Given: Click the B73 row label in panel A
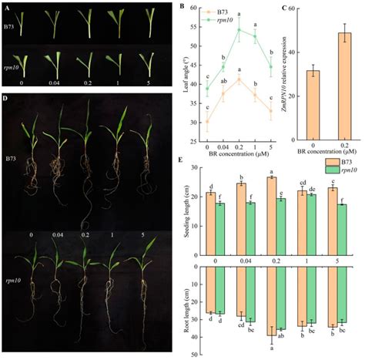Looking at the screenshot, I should [x=10, y=29].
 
